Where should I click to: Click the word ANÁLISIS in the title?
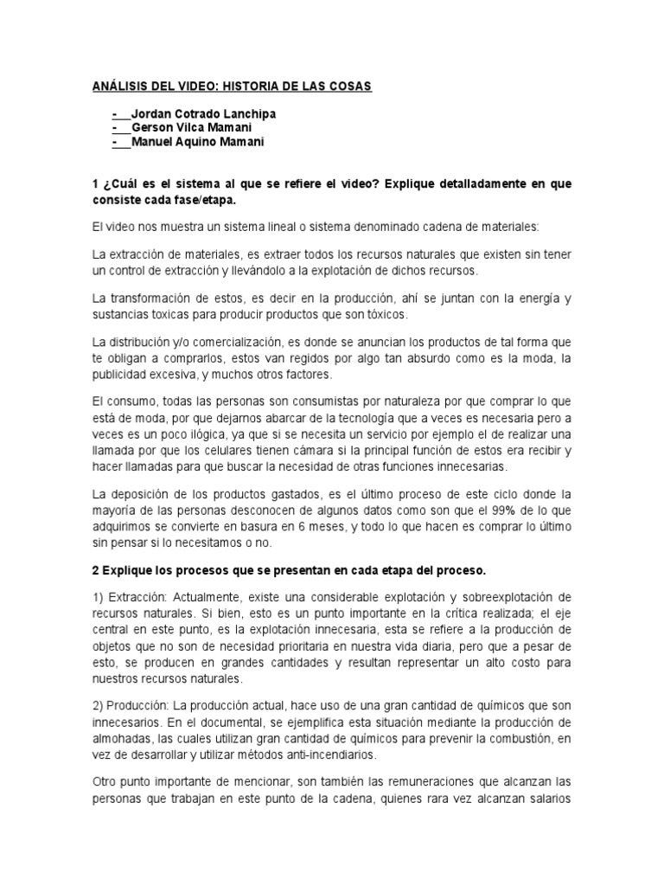click(119, 87)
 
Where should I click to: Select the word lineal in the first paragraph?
click(255, 227)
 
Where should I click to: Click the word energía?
click(536, 299)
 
